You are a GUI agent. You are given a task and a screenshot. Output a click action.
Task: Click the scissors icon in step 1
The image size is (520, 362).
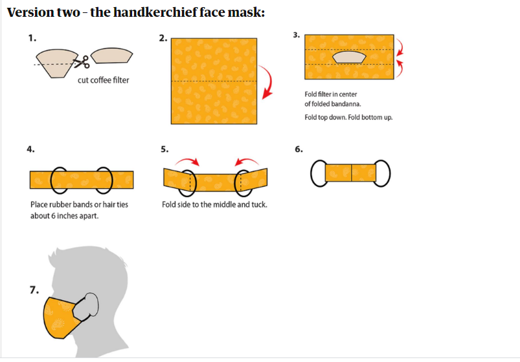(x=81, y=62)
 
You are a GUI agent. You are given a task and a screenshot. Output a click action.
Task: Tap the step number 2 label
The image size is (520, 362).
(x=163, y=38)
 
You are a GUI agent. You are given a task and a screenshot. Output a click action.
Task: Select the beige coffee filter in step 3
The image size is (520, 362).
(x=349, y=57)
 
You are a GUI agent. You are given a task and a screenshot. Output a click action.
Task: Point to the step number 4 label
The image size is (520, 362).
(x=30, y=149)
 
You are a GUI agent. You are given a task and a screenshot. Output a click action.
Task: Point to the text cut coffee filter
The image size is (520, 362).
(x=104, y=80)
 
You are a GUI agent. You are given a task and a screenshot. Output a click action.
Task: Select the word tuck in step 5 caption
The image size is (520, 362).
(x=259, y=205)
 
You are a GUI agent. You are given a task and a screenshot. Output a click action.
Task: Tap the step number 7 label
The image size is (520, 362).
(x=34, y=290)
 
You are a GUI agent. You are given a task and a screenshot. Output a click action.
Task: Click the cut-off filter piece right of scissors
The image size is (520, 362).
(x=112, y=56)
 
